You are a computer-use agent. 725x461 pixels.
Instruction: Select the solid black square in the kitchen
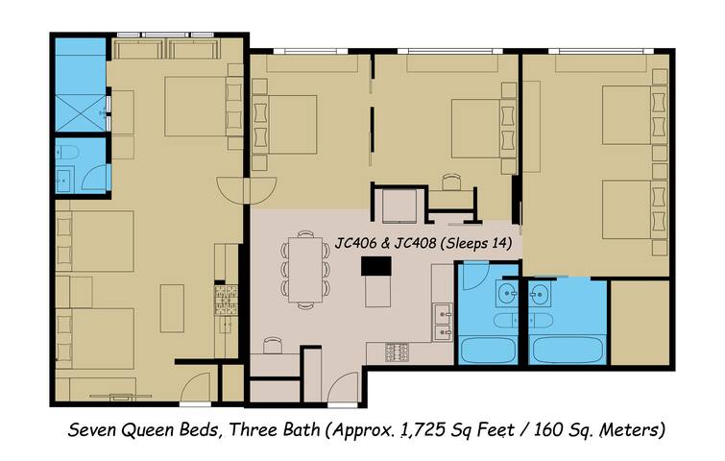(371, 266)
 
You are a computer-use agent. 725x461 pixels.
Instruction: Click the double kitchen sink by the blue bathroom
(442, 322)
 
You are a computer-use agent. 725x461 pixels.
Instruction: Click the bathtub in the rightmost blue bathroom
(568, 350)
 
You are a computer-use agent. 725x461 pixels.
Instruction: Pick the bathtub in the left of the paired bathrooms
(491, 350)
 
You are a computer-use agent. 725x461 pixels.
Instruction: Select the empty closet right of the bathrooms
(639, 323)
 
